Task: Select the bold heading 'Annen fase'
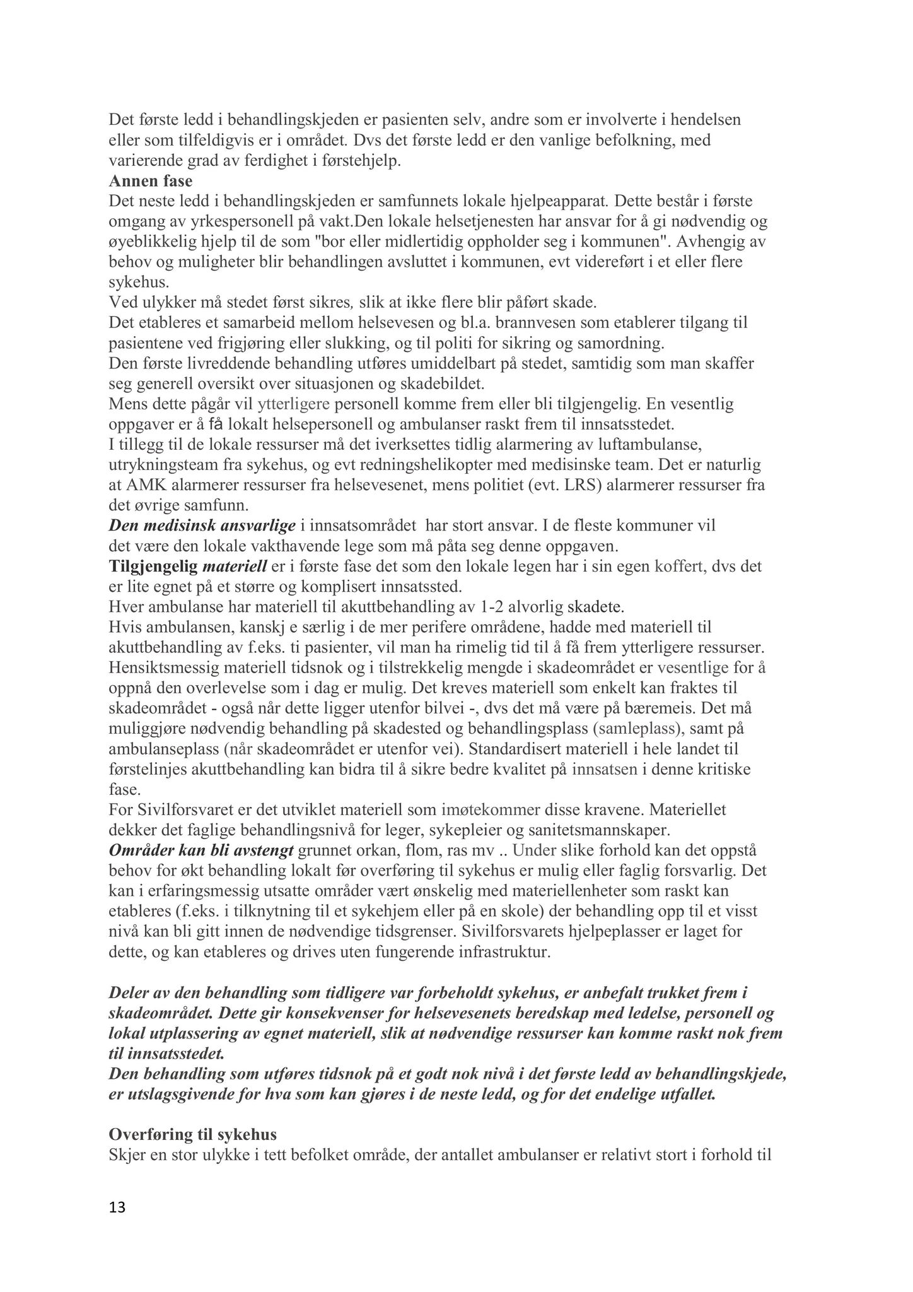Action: (x=151, y=182)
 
